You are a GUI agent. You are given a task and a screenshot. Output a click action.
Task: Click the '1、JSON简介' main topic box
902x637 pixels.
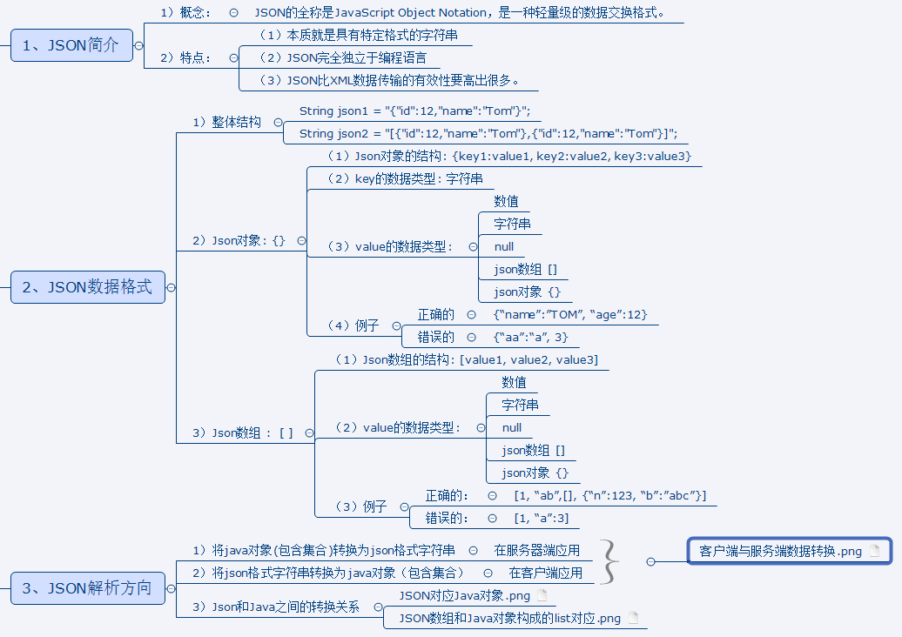(x=71, y=45)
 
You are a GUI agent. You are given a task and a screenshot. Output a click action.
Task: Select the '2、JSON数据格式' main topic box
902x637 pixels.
(x=87, y=287)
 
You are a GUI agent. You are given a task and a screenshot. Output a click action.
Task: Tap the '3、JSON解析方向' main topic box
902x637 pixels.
(x=86, y=588)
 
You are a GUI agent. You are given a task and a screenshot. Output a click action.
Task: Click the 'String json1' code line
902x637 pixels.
(x=414, y=111)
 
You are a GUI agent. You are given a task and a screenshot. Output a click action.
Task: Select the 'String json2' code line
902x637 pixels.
(x=488, y=134)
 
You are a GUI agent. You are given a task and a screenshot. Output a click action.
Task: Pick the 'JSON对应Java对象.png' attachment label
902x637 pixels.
(x=464, y=596)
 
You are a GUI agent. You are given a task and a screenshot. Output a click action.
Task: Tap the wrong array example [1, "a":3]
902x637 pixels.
(x=541, y=519)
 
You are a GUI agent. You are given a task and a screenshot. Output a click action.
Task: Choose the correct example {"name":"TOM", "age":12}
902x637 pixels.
(x=570, y=315)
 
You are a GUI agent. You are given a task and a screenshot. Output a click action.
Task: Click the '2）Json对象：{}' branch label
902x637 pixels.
(x=238, y=240)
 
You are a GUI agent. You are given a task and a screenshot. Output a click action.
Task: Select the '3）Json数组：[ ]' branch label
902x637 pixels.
(x=242, y=432)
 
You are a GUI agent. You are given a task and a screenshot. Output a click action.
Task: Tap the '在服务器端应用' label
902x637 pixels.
(x=536, y=551)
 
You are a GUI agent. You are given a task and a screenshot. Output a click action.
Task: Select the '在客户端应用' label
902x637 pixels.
(x=545, y=573)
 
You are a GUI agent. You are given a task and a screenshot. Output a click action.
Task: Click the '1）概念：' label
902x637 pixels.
(x=186, y=13)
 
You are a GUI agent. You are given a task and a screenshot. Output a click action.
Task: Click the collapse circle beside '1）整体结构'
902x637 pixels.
(x=278, y=123)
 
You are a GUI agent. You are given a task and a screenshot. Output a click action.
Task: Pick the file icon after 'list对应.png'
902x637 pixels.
(x=633, y=619)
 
